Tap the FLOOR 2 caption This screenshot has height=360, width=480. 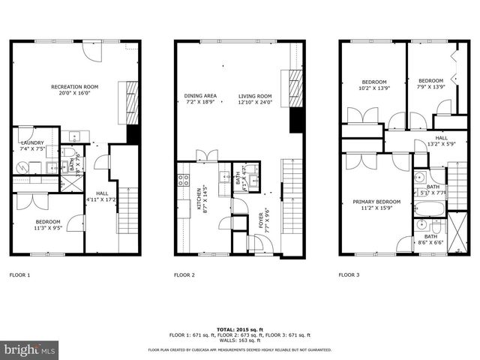[184, 275]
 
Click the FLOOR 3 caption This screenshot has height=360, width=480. [349, 275]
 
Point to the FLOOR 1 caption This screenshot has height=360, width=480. [19, 275]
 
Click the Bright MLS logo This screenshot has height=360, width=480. [30, 349]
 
